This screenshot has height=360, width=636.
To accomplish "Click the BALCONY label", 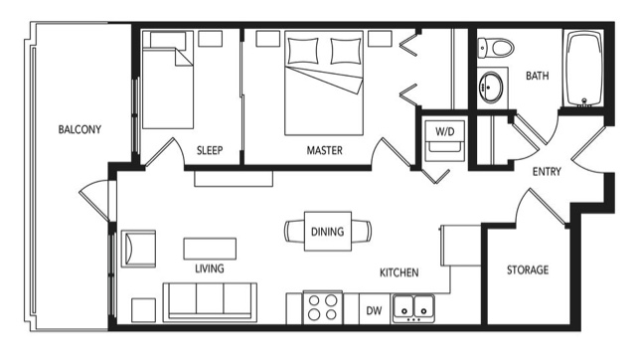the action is coord(79,129).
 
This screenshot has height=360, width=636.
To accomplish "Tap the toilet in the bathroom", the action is coord(496,48).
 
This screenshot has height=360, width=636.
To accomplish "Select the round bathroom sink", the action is coord(491,87).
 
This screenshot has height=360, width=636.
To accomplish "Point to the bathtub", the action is coord(584,69).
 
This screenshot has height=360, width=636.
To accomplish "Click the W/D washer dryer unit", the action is coord(445,139).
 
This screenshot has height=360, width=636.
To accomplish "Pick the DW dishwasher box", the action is coord(374,310).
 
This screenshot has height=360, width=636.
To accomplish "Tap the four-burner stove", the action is coord(323,307).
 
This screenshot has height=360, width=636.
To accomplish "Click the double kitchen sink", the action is coord(413,309).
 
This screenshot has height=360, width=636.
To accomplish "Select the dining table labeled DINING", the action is coord(328,232).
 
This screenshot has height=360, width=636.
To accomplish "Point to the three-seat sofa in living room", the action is coord(210,302).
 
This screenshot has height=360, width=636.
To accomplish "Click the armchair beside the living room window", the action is coord(138,249).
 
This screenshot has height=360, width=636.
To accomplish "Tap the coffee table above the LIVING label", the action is coord(210,249).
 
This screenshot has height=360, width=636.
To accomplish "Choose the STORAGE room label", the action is coord(528,270).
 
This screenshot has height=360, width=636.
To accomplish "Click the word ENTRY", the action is coord(547,172).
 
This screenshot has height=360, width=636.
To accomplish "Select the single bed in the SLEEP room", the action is coord(168,81).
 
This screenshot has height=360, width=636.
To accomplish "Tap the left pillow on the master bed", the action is coord(302,51).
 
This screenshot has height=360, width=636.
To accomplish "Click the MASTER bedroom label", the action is coord(325,150).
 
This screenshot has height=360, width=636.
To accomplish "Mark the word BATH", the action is coord(537,76).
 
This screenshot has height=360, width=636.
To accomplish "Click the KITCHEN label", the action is coord(399,272).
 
